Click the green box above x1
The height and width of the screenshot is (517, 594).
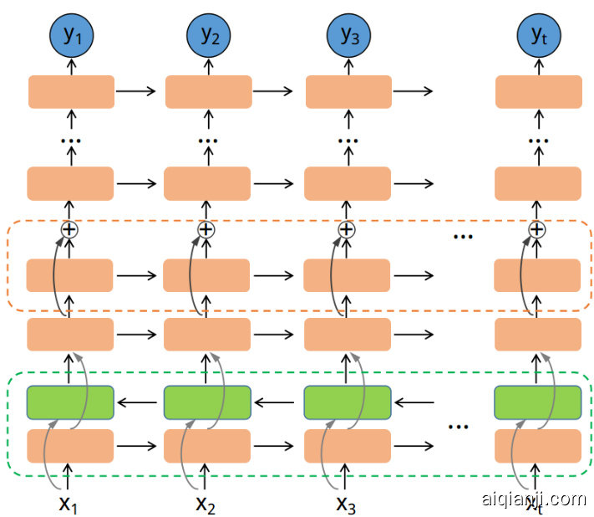click(70, 402)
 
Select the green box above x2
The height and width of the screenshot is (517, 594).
click(206, 402)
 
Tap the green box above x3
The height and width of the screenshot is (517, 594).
click(346, 402)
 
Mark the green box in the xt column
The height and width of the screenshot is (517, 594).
click(537, 402)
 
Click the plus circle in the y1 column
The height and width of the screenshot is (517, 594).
click(69, 229)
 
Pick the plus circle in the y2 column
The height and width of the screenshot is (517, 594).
click(206, 229)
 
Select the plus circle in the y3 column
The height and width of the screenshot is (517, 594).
click(346, 229)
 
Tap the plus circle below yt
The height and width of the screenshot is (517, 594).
click(537, 229)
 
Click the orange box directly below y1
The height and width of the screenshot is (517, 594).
click(71, 91)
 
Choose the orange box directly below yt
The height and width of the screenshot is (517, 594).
click(538, 91)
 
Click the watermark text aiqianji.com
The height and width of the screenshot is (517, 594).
click(534, 499)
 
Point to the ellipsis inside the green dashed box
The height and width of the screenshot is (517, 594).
click(459, 427)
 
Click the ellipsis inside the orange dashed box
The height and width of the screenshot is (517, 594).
click(463, 237)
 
